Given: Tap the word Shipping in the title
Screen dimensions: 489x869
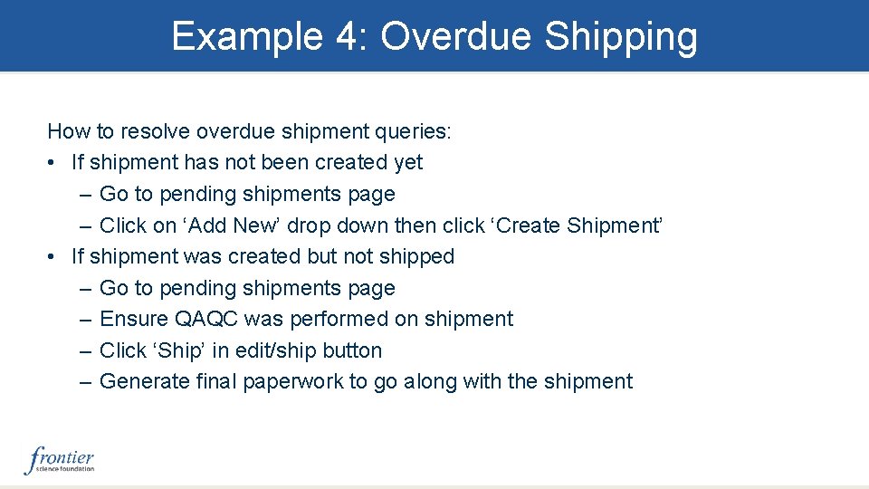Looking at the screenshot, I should click(621, 37).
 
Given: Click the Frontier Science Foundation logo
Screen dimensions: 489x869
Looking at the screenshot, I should click(59, 459).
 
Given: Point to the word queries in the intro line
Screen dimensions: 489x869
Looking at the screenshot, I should click(411, 131).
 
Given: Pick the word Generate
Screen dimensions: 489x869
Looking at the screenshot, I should click(144, 381).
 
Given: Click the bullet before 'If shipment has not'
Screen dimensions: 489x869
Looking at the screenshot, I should click(53, 163).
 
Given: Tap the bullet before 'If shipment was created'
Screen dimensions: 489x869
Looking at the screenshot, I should click(53, 257).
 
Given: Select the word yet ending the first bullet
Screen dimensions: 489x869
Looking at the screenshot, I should click(406, 163).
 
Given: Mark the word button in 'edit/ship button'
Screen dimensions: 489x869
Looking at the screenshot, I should click(350, 350).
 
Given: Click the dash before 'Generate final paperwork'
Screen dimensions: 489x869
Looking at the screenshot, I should click(85, 381).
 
